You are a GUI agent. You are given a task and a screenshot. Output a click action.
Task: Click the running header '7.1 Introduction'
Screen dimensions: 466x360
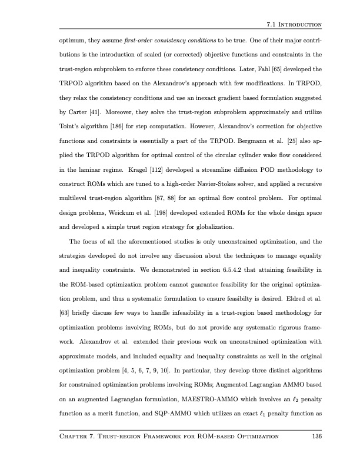292,24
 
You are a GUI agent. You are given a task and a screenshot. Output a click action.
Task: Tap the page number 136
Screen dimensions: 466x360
314,436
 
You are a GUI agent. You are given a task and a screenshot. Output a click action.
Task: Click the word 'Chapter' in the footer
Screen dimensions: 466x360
73,436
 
